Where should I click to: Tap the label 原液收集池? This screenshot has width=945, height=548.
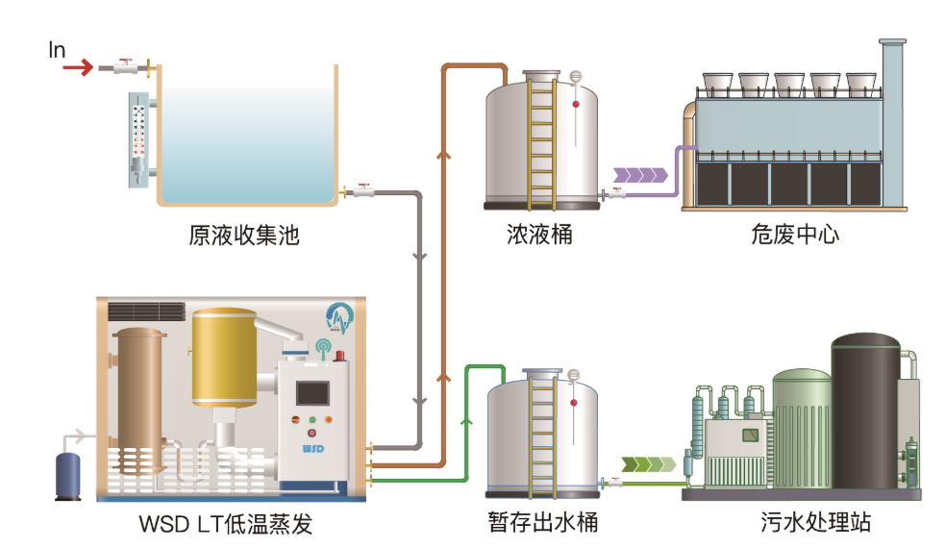pyautogui.click(x=244, y=235)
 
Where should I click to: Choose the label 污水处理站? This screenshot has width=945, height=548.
pyautogui.click(x=814, y=524)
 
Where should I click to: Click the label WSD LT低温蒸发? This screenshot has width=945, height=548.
pyautogui.click(x=226, y=525)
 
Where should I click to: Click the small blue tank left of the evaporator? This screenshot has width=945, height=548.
pyautogui.click(x=68, y=474)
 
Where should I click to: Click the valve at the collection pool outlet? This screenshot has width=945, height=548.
pyautogui.click(x=362, y=191)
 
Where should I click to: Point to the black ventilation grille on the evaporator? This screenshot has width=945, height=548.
pyautogui.click(x=146, y=311)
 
